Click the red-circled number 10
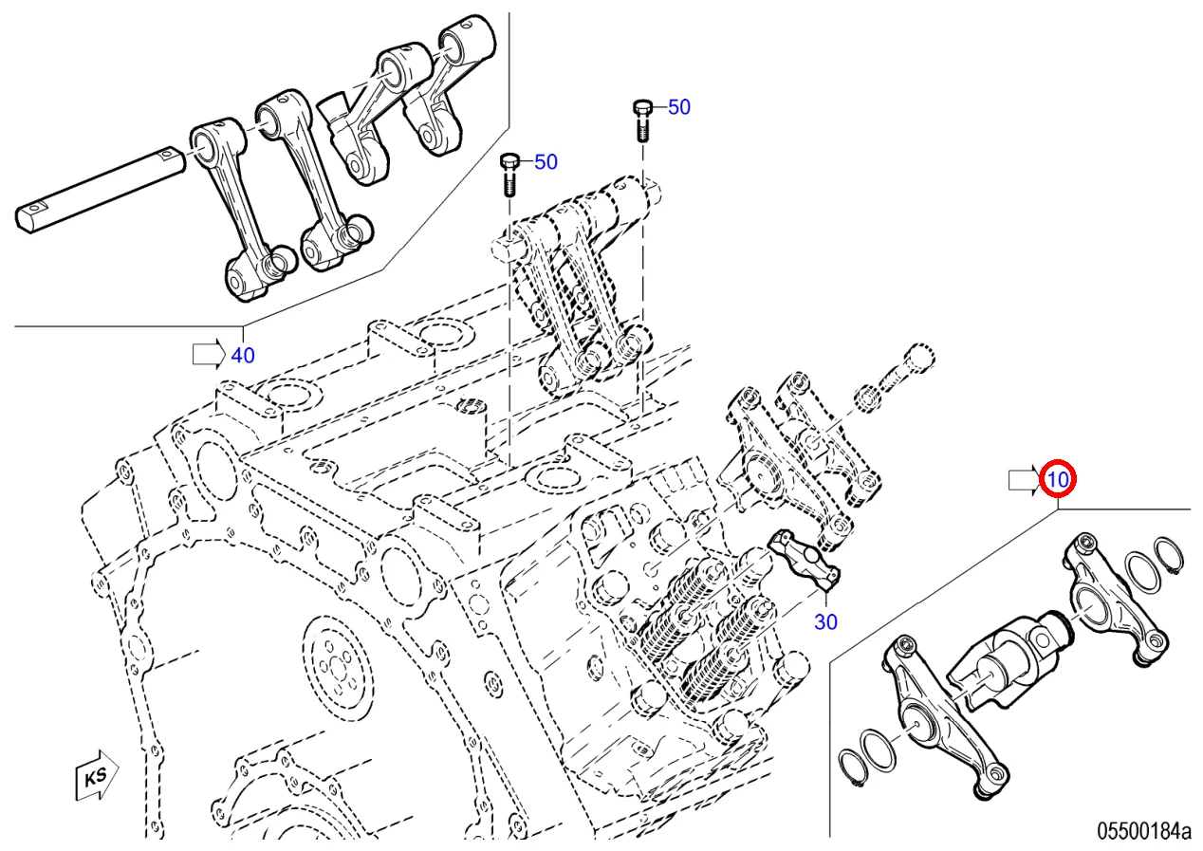1057,480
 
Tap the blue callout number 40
243,355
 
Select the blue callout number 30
825,621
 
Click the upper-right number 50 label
679,107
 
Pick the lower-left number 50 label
546,162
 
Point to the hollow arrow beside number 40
209,354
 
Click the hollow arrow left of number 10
1024,481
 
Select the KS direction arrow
95,775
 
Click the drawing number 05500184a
1143,832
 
